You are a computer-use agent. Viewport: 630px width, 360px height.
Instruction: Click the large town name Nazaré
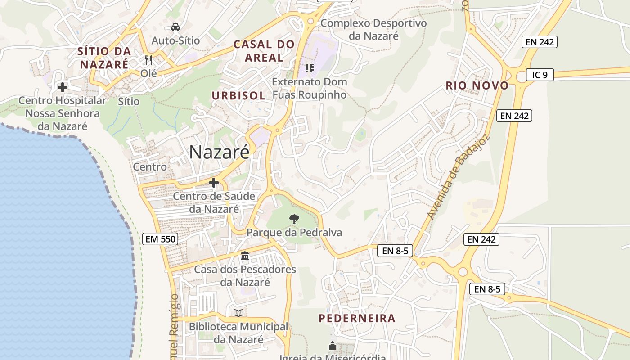pyautogui.click(x=219, y=152)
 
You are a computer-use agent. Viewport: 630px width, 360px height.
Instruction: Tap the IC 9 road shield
pyautogui.click(x=540, y=75)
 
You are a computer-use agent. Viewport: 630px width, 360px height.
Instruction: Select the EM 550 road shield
pyautogui.click(x=160, y=239)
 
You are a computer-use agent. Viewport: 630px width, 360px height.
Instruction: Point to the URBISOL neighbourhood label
pyautogui.click(x=238, y=95)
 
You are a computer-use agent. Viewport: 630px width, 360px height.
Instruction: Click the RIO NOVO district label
pyautogui.click(x=477, y=85)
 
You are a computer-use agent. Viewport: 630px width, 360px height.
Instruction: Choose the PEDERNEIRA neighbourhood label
pyautogui.click(x=357, y=318)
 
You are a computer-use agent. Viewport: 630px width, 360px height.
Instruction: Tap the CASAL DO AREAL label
pyautogui.click(x=264, y=51)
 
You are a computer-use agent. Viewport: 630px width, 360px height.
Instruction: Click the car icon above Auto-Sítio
pyautogui.click(x=175, y=27)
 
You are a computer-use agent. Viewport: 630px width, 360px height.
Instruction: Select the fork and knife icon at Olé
pyautogui.click(x=148, y=60)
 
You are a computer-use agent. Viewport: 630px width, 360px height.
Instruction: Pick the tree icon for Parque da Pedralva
pyautogui.click(x=294, y=219)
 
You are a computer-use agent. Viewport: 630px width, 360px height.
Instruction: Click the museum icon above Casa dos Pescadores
pyautogui.click(x=245, y=256)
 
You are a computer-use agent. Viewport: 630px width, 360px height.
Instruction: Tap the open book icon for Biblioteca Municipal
pyautogui.click(x=238, y=313)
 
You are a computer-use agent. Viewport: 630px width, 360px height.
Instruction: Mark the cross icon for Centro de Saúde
pyautogui.click(x=214, y=183)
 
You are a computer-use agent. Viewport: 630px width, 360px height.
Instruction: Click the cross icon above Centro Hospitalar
pyautogui.click(x=63, y=87)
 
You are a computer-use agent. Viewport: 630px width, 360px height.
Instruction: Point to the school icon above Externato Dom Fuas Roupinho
pyautogui.click(x=309, y=68)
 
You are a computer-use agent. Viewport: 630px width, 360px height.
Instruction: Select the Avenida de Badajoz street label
pyautogui.click(x=458, y=177)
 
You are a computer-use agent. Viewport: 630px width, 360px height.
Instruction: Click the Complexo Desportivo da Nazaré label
pyautogui.click(x=373, y=29)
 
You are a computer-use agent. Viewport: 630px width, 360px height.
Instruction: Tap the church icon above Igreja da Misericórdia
pyautogui.click(x=333, y=346)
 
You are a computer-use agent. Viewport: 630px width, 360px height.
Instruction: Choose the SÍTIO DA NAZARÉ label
pyautogui.click(x=104, y=58)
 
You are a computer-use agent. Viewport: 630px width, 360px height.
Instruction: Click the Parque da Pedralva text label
pyautogui.click(x=294, y=233)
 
